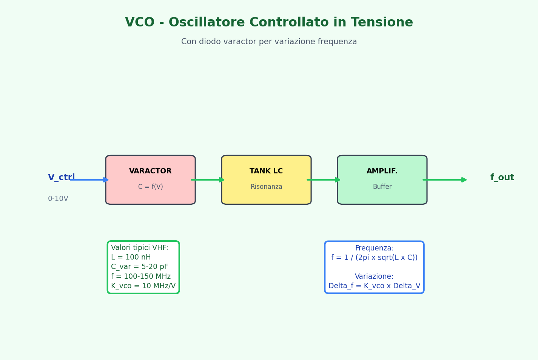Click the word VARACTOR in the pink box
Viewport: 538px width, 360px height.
(x=150, y=171)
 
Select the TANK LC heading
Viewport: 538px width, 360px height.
(x=266, y=171)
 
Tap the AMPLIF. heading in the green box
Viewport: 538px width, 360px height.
(x=382, y=171)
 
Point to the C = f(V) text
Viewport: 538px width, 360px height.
(x=151, y=187)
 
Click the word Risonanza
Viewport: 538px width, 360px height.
(x=267, y=187)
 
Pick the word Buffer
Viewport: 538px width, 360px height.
(x=382, y=187)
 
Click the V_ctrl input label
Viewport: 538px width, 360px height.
(x=61, y=178)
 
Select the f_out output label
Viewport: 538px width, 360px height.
(x=502, y=178)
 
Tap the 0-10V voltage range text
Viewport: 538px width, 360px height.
(x=58, y=199)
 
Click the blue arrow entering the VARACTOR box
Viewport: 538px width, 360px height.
(x=89, y=180)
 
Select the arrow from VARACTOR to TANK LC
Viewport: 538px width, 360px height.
(x=208, y=180)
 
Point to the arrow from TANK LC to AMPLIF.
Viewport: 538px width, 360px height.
(x=324, y=180)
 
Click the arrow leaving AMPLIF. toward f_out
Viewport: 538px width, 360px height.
(x=445, y=180)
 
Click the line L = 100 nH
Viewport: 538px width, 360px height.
(x=131, y=257)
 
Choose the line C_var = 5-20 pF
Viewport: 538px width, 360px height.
(x=140, y=267)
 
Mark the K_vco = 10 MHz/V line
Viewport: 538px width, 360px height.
(x=143, y=286)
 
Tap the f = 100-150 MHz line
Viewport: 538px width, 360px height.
(x=141, y=277)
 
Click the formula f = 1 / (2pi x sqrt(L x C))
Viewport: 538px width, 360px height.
(x=374, y=258)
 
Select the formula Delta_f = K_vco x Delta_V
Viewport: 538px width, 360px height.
(x=374, y=286)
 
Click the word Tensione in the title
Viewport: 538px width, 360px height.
(x=382, y=22)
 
